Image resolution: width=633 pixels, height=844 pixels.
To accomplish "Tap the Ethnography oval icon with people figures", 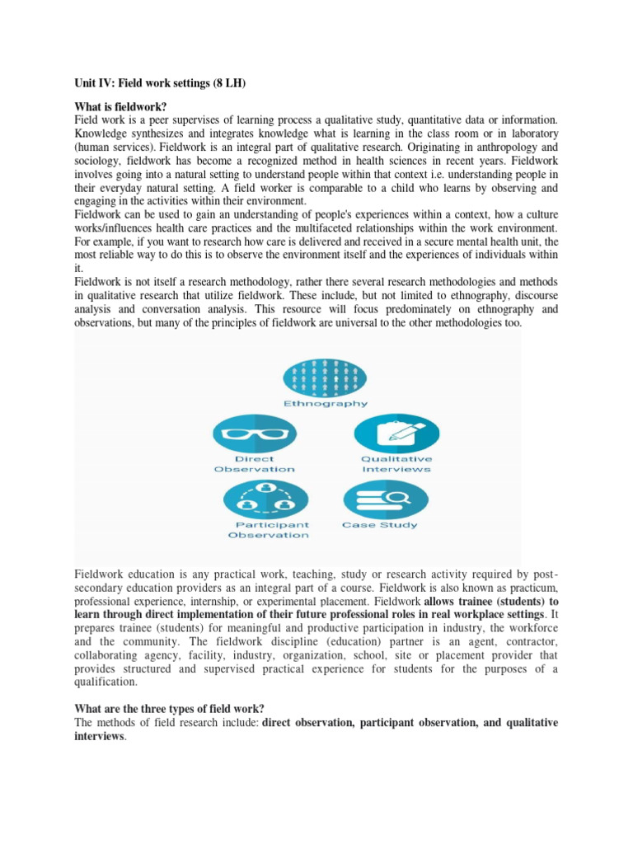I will click(326, 378).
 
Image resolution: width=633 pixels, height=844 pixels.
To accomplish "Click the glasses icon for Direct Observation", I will click(255, 434).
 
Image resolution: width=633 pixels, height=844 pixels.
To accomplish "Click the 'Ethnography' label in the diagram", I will click(326, 404).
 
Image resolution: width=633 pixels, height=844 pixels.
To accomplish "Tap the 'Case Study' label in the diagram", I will click(380, 525).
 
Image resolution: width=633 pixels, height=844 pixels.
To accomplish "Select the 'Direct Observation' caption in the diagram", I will click(255, 464).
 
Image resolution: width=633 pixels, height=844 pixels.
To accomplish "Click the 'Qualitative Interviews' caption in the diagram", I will click(396, 464).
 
